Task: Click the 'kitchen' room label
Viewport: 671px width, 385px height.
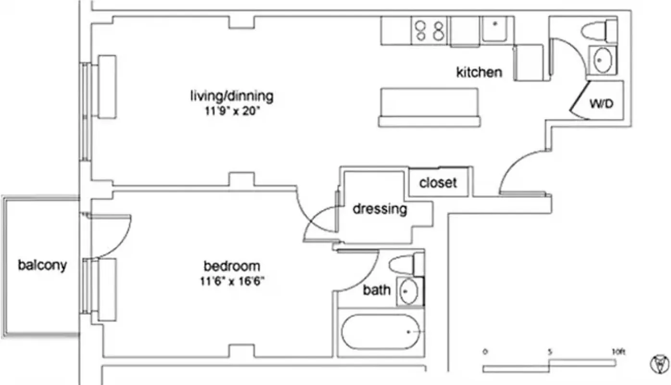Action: pyautogui.click(x=479, y=72)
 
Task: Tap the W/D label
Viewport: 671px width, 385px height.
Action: pyautogui.click(x=601, y=103)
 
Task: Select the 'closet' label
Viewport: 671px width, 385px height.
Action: pyautogui.click(x=438, y=183)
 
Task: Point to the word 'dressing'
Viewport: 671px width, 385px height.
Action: pyautogui.click(x=380, y=209)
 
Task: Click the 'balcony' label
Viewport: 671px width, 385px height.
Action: pyautogui.click(x=42, y=265)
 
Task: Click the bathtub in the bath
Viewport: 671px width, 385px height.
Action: pyautogui.click(x=381, y=332)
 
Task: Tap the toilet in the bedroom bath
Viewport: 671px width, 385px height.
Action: pyautogui.click(x=405, y=265)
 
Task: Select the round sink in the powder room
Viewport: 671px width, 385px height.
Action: pyautogui.click(x=601, y=60)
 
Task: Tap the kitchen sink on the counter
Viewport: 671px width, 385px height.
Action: pyautogui.click(x=495, y=30)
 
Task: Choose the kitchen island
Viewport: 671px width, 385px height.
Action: pyautogui.click(x=429, y=107)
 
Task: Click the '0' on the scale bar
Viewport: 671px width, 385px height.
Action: pyautogui.click(x=485, y=352)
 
